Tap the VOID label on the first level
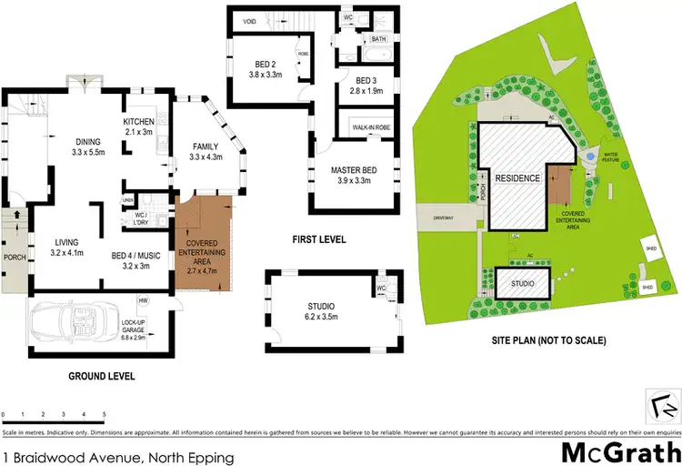tap(248, 21)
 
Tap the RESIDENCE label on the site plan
tap(518, 178)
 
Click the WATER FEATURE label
tap(608, 157)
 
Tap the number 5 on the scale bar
tap(104, 415)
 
